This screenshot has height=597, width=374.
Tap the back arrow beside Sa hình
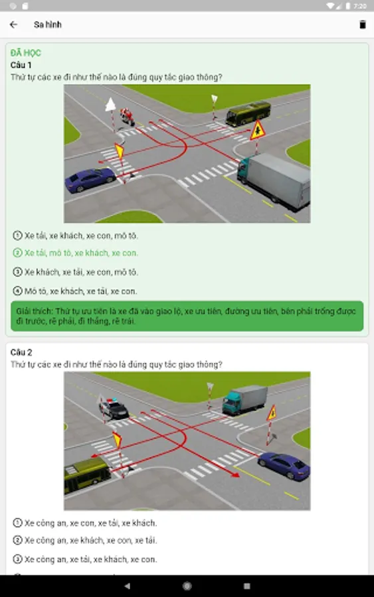pos(13,25)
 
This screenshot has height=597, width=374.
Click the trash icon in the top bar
pos(363,25)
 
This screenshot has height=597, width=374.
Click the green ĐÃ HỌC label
pos(25,53)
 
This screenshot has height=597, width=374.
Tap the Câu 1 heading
pos(21,65)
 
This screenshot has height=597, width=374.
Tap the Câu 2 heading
pos(21,352)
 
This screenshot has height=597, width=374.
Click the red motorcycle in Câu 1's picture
pos(128,116)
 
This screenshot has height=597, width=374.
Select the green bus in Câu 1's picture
pos(248,113)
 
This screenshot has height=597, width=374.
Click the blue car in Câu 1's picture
pos(90,180)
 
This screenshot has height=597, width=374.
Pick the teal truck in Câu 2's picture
pos(244,400)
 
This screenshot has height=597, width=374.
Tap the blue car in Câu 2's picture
pos(284,465)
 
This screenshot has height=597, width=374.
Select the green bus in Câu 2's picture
pos(87,475)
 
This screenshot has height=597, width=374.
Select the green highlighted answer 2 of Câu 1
pos(76,253)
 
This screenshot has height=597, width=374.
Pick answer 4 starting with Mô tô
pos(75,291)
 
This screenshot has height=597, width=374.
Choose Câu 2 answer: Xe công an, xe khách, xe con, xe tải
pos(85,540)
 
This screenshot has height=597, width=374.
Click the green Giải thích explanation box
pos(187,316)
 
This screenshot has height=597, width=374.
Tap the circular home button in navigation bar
pos(187,586)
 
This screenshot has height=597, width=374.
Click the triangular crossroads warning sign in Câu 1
pos(258,131)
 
